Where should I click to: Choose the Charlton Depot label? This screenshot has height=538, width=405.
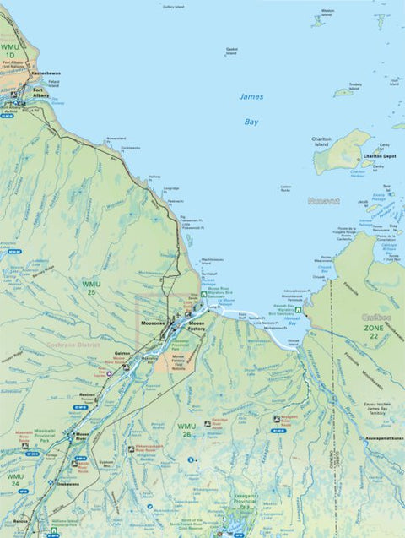click(x=379, y=156)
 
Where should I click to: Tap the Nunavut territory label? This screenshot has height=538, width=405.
click(x=323, y=201)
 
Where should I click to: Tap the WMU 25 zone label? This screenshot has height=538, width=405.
click(x=91, y=288)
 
